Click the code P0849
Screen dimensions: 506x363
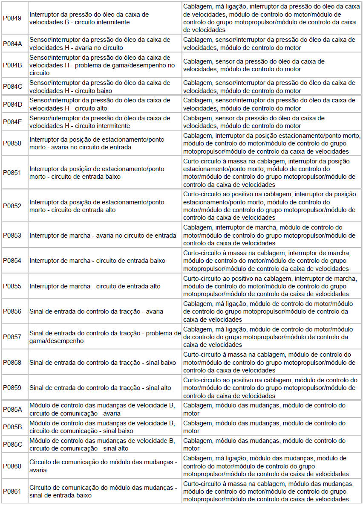pos(12,18)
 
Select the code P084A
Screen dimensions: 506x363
pos(12,44)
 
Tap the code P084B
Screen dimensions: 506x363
pos(12,65)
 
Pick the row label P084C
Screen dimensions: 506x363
pos(12,87)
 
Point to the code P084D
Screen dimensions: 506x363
pos(12,104)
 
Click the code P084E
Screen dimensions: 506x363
pos(12,122)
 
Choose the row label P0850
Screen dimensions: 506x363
pos(12,143)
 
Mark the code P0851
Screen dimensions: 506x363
pos(12,173)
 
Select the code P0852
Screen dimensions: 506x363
pos(12,206)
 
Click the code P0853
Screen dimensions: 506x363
pos(12,235)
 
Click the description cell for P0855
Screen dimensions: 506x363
pos(95,286)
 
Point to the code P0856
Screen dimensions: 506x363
pos(12,311)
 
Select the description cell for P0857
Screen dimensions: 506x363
pos(105,337)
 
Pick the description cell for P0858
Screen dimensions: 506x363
pos(103,363)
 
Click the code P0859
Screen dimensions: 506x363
pos(12,388)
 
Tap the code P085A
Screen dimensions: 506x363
pos(12,409)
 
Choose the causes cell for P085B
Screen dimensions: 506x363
pos(264,427)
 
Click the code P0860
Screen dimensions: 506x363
pos(12,466)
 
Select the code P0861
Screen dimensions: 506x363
pos(12,491)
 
